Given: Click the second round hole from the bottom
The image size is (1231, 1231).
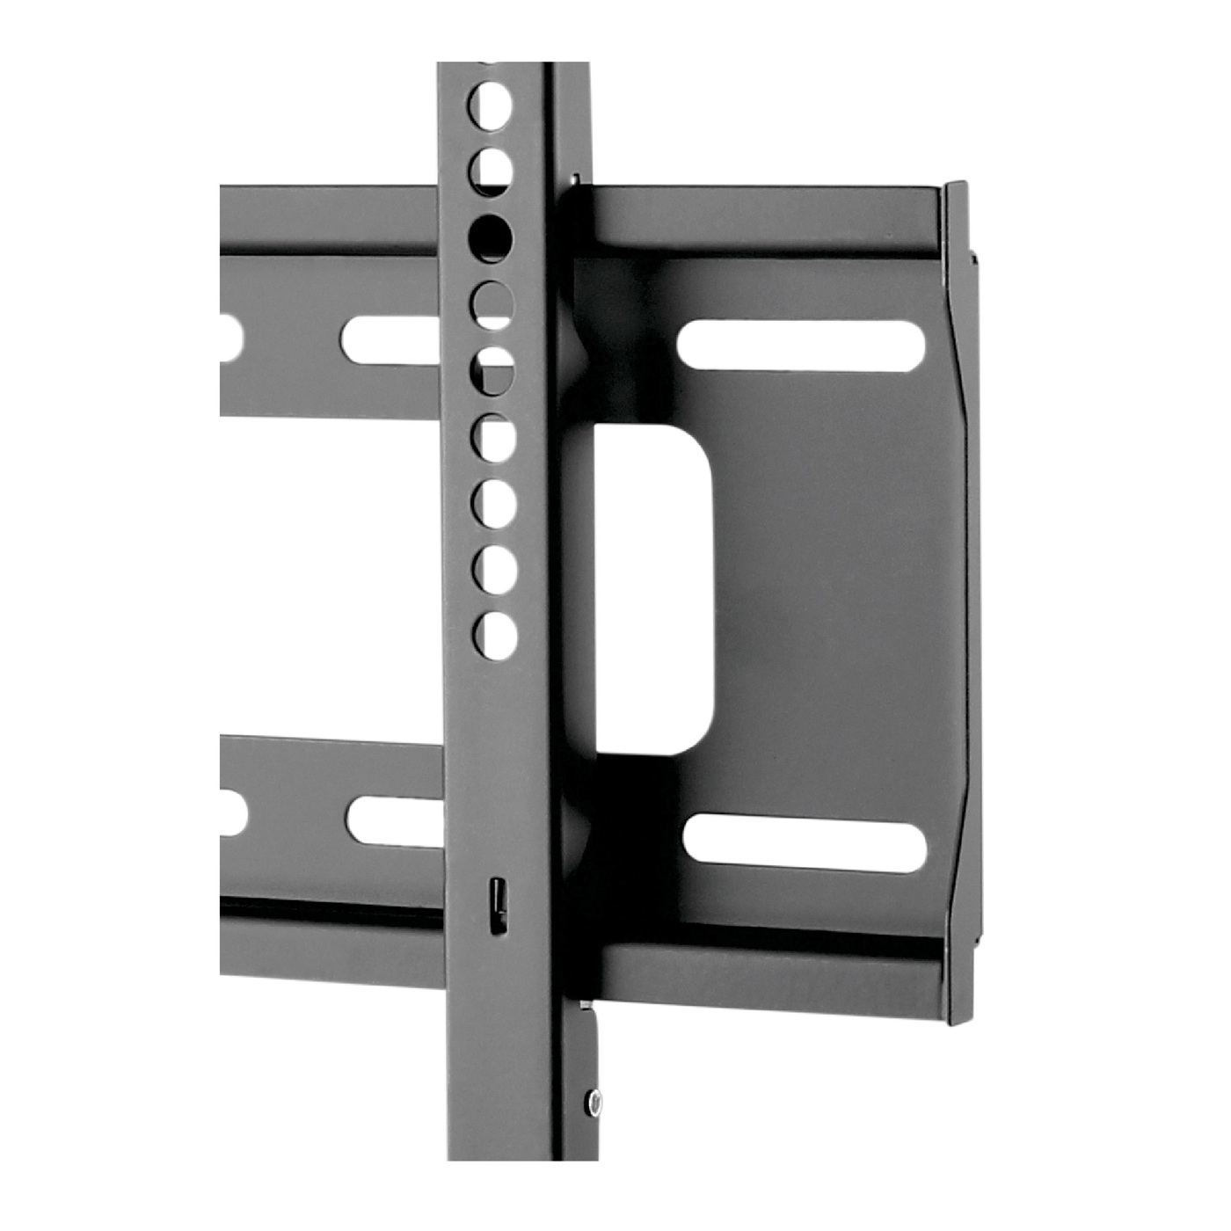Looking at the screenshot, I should click(493, 568).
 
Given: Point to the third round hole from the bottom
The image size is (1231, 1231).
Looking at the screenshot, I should click(493, 501).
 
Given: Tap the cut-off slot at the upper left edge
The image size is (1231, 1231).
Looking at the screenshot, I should click(229, 338).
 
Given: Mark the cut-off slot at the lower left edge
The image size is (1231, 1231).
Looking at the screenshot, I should click(232, 816).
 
